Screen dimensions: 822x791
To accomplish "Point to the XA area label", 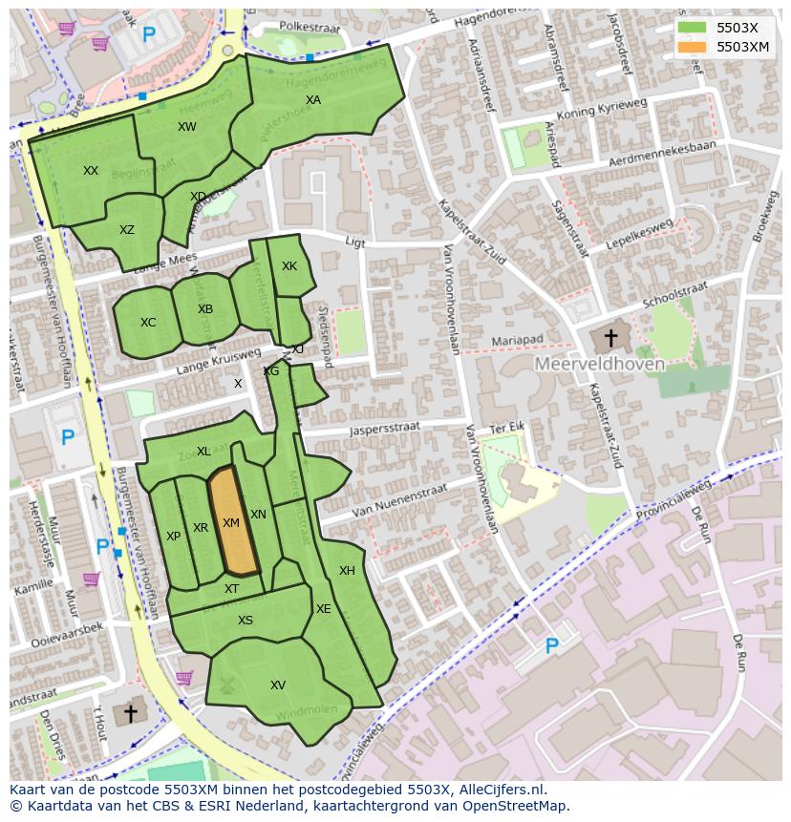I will click(313, 100).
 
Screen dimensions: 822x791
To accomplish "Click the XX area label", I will click(91, 171).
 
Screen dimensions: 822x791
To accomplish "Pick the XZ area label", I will click(127, 230).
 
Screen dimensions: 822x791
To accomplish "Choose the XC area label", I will click(148, 323).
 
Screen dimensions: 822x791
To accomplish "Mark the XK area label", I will click(289, 266).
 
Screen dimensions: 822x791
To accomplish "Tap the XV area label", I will click(278, 685).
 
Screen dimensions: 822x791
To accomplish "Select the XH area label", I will click(347, 571).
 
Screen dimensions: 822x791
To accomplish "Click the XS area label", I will click(246, 621).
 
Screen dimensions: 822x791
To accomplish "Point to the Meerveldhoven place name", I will click(599, 364).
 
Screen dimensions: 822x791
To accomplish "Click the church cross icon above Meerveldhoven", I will click(609, 338).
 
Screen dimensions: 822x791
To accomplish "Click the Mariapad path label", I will click(517, 340).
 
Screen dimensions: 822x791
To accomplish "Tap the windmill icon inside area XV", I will click(227, 685).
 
